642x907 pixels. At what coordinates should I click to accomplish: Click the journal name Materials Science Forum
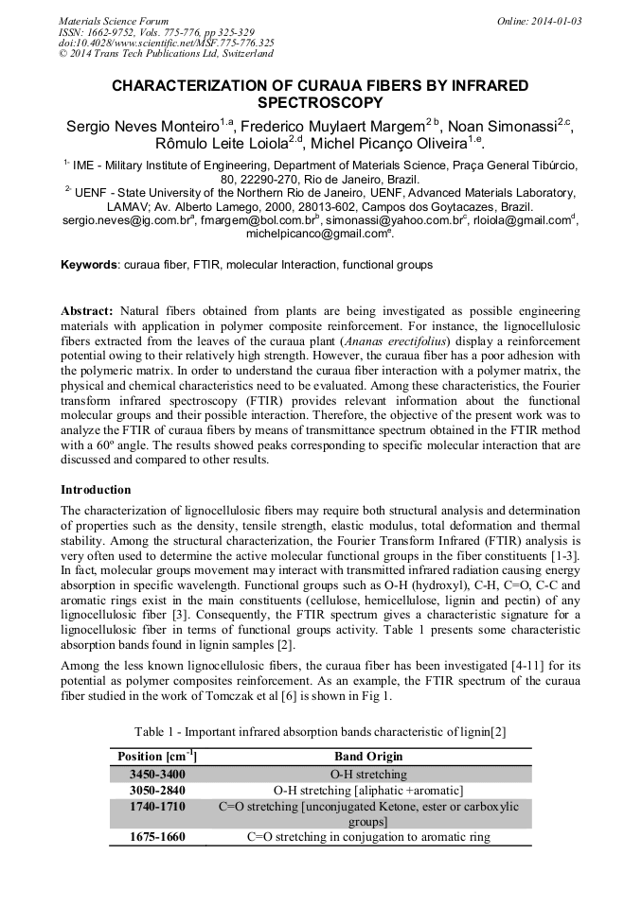click(114, 21)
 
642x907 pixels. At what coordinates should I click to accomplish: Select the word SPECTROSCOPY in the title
click(320, 103)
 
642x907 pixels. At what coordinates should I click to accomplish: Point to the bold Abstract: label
click(87, 311)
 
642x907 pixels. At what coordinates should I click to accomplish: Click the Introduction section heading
click(96, 490)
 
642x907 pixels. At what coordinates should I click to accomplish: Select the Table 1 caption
click(320, 732)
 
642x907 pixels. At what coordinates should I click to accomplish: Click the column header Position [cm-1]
click(155, 757)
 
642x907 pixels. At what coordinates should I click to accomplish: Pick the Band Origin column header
click(368, 757)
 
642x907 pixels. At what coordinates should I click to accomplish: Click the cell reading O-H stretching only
click(368, 774)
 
